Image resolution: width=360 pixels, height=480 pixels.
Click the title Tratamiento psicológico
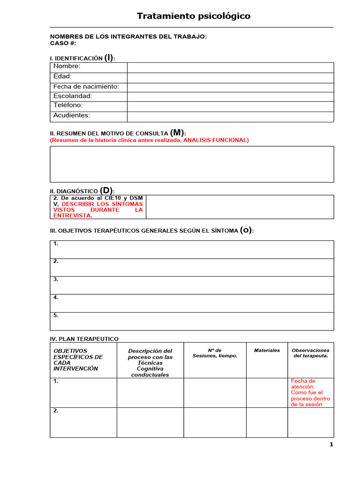[x=193, y=16]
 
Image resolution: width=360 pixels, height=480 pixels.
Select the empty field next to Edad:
[x=230, y=77]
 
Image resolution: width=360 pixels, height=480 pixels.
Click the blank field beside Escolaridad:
[x=230, y=97]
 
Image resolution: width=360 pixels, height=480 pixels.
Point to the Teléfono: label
[x=68, y=105]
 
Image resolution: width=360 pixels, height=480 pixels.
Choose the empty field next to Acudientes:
[x=230, y=116]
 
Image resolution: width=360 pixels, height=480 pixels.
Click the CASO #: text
[x=63, y=43]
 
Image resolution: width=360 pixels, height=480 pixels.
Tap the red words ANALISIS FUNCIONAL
[x=216, y=140]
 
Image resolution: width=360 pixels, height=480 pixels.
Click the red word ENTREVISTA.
[x=73, y=216]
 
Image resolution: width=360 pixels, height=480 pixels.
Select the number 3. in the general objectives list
[x=56, y=279]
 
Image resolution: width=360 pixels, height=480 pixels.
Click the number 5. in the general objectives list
[x=56, y=315]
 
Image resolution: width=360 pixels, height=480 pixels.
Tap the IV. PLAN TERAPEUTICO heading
[x=84, y=338]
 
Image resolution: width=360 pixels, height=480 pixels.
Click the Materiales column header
[x=267, y=351]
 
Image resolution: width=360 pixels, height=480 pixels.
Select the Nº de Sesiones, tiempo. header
[x=215, y=353]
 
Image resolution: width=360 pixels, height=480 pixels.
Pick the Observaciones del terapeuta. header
[x=310, y=353]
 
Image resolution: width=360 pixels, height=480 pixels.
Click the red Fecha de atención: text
[x=303, y=384]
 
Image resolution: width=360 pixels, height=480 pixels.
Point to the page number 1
[x=331, y=445]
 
